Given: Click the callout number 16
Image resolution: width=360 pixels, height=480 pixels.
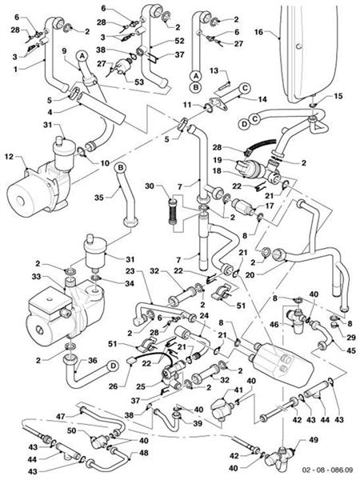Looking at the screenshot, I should tap(258, 32).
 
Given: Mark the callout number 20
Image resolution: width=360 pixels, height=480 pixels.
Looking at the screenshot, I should tap(250, 275).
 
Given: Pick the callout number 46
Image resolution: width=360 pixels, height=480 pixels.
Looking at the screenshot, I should tap(274, 326).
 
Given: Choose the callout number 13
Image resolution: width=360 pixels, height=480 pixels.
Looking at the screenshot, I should tap(215, 70).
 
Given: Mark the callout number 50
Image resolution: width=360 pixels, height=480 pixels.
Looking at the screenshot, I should tap(72, 431).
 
